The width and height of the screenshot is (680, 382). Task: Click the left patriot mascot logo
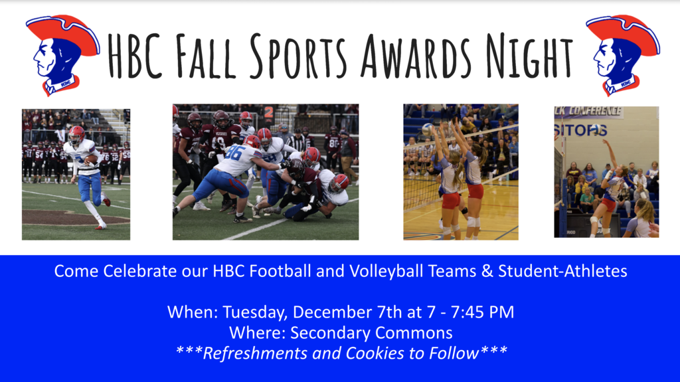coord(62,55)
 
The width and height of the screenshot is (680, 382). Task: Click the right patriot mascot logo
coord(623,55)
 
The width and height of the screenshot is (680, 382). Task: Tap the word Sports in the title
coord(299,56)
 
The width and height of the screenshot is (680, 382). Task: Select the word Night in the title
coord(529,56)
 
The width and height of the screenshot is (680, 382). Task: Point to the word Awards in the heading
coord(416,56)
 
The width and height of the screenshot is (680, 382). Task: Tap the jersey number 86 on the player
coord(234,152)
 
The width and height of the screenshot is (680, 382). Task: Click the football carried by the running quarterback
coord(91,159)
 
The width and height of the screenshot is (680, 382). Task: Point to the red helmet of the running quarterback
coord(77,133)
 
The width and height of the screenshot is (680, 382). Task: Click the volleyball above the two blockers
coord(428,129)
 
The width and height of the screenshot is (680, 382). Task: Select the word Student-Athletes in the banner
coord(562,271)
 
